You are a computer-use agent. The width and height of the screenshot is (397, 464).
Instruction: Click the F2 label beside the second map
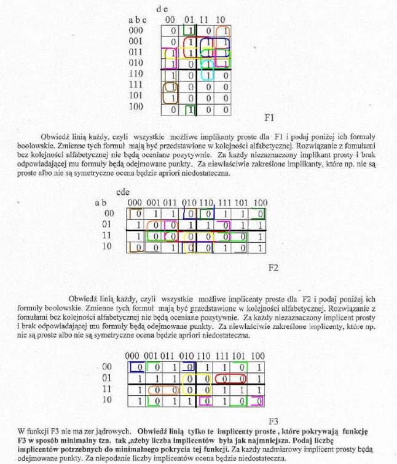click(x=273, y=267)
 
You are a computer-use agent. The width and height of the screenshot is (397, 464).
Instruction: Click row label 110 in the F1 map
click(x=135, y=74)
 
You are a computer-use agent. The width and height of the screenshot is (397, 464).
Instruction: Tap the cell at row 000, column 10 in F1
click(x=224, y=30)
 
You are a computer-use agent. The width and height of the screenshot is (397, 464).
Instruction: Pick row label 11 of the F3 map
click(x=106, y=389)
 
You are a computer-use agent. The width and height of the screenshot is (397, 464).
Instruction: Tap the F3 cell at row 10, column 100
click(x=257, y=401)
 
